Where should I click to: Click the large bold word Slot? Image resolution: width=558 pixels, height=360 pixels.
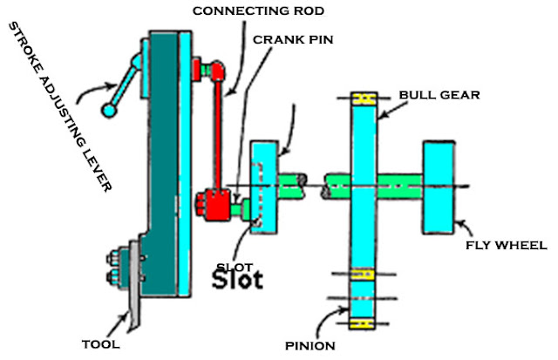238,280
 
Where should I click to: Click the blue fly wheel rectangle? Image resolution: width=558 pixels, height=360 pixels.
440,184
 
